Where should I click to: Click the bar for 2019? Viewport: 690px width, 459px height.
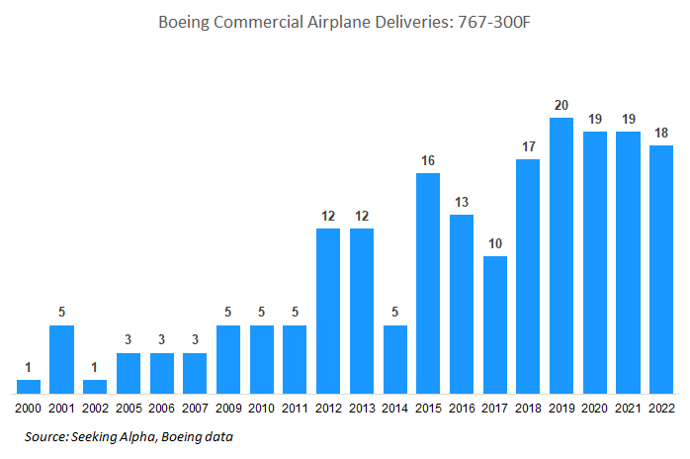(561, 255)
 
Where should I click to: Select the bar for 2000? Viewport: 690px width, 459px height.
(29, 386)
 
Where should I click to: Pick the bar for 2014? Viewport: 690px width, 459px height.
(394, 358)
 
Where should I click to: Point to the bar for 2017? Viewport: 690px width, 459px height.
(494, 324)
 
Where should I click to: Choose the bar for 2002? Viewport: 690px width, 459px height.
(95, 386)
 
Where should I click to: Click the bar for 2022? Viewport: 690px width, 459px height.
(661, 269)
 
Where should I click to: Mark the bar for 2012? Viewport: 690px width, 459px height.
(328, 311)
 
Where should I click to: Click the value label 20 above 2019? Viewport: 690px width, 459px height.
(561, 105)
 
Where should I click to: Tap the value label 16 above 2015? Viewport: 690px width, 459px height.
(428, 160)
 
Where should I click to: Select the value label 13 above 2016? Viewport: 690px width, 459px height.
(462, 202)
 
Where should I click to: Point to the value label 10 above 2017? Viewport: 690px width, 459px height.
(494, 243)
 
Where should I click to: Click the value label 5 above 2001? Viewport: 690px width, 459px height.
(62, 313)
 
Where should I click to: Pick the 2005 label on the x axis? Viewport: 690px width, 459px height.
(129, 408)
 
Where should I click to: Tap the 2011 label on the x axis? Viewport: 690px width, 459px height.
(295, 408)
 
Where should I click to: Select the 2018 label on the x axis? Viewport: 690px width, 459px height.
(528, 408)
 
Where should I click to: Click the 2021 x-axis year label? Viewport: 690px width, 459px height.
(628, 408)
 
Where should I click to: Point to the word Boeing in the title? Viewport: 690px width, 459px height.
(184, 22)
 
